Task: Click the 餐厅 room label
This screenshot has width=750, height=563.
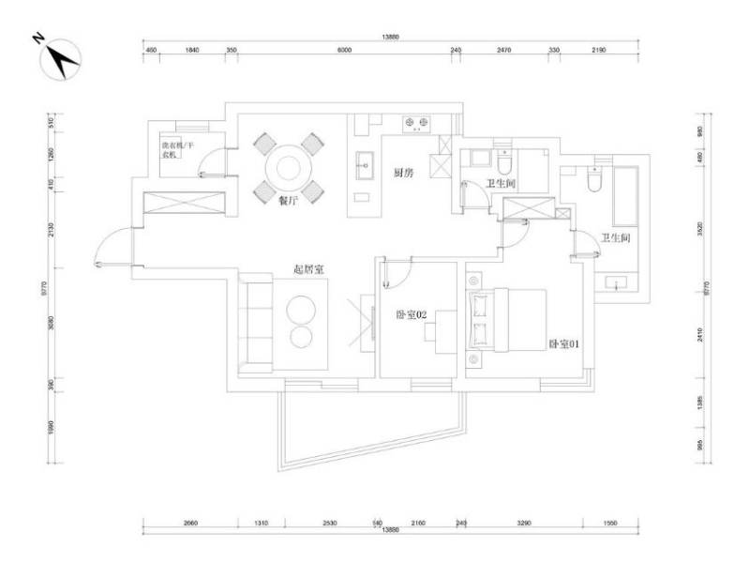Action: [x=288, y=200]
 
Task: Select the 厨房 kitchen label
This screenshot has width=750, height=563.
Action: [x=404, y=172]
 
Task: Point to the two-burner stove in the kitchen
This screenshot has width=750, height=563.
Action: [x=416, y=122]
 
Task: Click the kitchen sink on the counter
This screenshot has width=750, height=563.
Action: [x=363, y=167]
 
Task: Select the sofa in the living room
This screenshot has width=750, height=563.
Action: [x=254, y=324]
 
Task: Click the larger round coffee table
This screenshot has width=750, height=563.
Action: [x=305, y=311]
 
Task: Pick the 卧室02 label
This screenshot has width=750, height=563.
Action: [x=412, y=315]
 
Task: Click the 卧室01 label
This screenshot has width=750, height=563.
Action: [x=565, y=343]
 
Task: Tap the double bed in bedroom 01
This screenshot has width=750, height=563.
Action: [x=507, y=319]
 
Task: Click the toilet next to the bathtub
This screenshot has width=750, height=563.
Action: [x=592, y=178]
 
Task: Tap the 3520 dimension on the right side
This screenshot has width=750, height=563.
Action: [x=699, y=226]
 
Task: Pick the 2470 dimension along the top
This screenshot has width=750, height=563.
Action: [x=503, y=49]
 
